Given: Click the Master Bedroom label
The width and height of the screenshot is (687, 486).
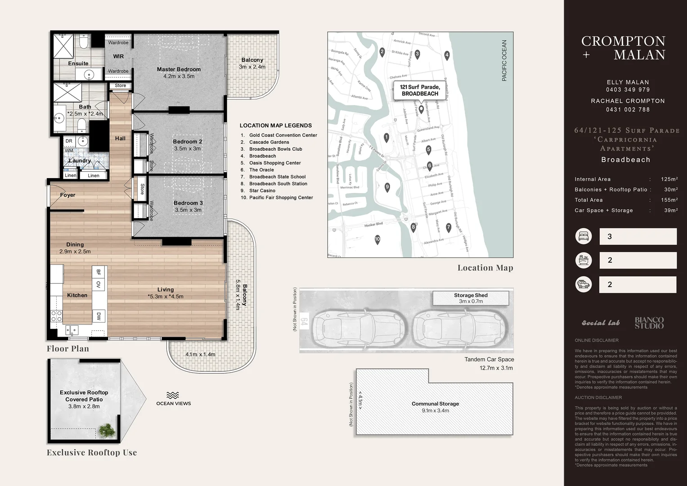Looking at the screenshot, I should [179, 69].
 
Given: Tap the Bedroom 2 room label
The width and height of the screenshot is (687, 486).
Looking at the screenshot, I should [187, 142].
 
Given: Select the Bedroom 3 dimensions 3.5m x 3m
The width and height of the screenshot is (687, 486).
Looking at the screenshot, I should [188, 210].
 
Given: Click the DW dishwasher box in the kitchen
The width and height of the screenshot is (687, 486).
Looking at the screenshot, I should [99, 316].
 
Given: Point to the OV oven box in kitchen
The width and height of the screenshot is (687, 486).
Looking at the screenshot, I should [99, 284].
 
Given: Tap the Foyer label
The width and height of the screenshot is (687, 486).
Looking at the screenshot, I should [68, 195].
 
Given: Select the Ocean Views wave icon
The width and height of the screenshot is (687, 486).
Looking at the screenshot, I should [173, 396].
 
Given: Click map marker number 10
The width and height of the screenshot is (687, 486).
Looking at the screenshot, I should [377, 239].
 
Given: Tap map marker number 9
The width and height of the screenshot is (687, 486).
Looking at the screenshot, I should [387, 187].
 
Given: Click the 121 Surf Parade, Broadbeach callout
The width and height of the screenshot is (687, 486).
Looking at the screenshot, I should [420, 90].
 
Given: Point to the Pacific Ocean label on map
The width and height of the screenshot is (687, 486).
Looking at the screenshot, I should [504, 61].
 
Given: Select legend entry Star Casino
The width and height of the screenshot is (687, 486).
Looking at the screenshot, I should [262, 191].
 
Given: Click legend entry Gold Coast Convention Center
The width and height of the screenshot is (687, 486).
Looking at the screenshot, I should [283, 135].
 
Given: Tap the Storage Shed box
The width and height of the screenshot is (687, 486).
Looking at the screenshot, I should [471, 298].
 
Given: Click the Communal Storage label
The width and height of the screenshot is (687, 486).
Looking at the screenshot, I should [435, 404].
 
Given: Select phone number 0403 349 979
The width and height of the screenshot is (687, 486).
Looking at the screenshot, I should [628, 90].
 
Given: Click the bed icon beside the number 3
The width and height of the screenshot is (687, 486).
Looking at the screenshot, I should [584, 236].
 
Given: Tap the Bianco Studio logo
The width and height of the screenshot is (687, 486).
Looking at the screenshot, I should [649, 323].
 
